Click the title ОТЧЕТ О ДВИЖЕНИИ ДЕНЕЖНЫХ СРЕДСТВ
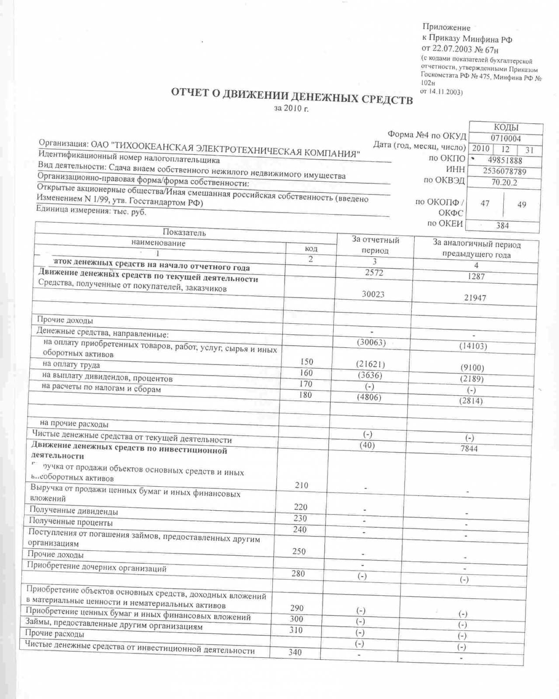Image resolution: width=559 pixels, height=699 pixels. [291, 97]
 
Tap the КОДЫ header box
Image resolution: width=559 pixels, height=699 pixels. [506, 128]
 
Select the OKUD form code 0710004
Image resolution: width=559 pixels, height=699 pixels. [506, 138]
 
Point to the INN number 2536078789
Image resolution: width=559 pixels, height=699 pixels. [504, 171]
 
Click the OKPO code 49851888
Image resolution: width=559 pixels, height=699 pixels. [505, 160]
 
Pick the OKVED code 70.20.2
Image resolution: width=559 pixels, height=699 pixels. [504, 182]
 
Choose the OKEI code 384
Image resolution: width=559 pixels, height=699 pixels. [502, 225]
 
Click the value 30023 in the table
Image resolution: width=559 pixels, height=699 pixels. [373, 294]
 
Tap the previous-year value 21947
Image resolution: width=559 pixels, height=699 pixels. [475, 298]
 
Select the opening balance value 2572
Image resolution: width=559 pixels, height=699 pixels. [374, 273]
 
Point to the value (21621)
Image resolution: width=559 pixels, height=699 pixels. [370, 364]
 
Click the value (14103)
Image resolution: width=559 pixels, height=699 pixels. [473, 346]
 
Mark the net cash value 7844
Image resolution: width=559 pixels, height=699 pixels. [469, 449]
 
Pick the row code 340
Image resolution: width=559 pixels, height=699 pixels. [295, 652]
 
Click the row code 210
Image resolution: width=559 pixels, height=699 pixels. [301, 485]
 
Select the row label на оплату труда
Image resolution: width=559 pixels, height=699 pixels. [71, 364]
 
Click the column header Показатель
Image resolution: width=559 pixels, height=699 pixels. [184, 232]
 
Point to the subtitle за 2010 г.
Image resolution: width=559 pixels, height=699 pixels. [291, 108]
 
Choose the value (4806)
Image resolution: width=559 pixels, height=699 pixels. [369, 397]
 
